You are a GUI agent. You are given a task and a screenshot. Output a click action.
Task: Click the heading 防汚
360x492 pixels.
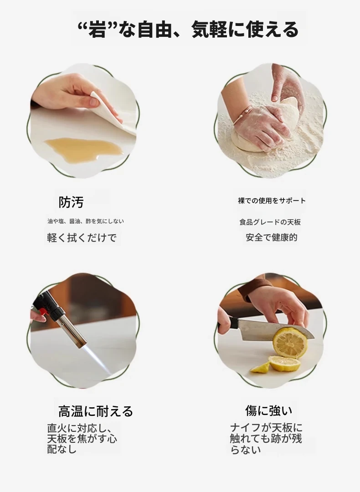[71, 202]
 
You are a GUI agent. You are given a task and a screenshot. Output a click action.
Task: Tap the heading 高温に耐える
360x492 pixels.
[96, 411]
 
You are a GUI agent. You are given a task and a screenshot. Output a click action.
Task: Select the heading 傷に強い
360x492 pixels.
[269, 410]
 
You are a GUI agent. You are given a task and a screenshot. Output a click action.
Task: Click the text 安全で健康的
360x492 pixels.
[272, 237]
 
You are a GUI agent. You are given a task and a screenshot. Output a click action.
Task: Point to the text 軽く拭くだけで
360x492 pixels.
[82, 237]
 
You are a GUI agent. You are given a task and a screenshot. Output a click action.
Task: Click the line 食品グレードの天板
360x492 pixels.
[270, 222]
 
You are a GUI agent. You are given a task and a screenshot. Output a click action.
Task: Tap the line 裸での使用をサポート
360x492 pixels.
[272, 200]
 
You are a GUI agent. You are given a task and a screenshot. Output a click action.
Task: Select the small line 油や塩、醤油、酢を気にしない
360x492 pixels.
[86, 221]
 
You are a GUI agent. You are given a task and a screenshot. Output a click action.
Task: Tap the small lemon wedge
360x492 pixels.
[260, 368]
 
